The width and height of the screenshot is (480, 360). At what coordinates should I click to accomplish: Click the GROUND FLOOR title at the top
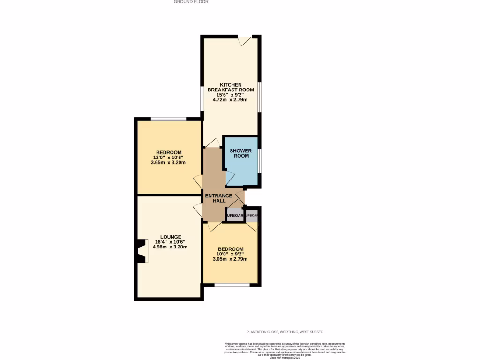coord(191,2)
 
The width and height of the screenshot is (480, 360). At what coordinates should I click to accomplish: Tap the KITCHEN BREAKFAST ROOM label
coord(231,87)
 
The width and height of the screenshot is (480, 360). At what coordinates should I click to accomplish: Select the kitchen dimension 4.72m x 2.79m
coord(231,100)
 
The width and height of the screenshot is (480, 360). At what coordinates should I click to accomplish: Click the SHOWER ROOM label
coord(240,153)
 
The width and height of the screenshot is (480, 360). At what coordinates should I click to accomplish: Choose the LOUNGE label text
coord(170,237)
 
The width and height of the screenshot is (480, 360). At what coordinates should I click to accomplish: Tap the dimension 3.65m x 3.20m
coord(168,163)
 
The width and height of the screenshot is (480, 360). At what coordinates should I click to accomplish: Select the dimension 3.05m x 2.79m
coord(230,259)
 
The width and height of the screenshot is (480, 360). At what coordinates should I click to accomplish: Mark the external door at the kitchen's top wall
coord(245,40)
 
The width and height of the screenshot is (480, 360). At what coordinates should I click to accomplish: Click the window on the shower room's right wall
coord(260,161)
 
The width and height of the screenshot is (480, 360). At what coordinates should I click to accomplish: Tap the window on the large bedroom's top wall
coord(168,119)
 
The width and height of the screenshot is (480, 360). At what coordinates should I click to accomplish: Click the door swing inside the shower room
coord(231,178)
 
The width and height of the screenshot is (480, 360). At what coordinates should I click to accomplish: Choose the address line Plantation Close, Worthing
coord(285,332)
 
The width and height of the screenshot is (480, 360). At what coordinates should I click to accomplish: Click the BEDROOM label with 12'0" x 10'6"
coord(169,152)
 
